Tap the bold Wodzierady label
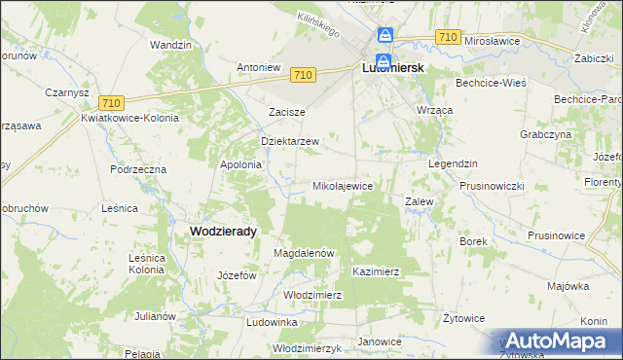tap(222, 231)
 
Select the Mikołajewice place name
tap(342, 185)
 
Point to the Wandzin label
tap(169, 45)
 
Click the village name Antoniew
tap(259, 68)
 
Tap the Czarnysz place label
tap(40, 92)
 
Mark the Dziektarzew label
tap(290, 141)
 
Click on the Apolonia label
tap(241, 164)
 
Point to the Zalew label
tap(419, 201)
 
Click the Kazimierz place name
tap(377, 271)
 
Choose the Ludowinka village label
tap(272, 321)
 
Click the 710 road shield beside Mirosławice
tap(448, 37)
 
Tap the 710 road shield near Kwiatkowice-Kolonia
tap(110, 103)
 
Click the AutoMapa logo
tap(559, 341)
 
